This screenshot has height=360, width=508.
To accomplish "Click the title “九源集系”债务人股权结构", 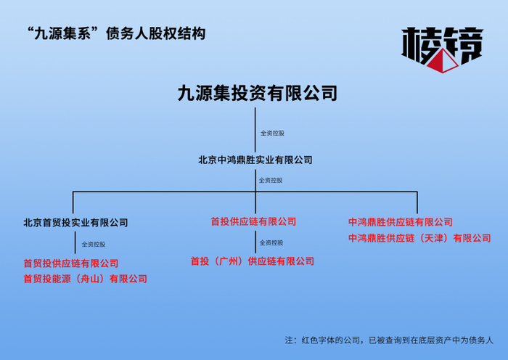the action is [115, 33].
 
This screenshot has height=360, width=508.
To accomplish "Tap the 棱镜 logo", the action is [441, 49].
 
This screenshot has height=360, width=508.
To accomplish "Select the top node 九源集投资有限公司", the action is [258, 94].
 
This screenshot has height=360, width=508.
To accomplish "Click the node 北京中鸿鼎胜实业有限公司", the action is [255, 160].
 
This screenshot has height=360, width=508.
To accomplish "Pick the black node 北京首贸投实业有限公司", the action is [75, 223].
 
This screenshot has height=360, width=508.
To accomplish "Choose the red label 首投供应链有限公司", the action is [253, 221].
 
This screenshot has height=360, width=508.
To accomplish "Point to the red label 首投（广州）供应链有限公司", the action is [253, 261].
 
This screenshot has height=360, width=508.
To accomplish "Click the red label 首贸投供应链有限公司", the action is [70, 263].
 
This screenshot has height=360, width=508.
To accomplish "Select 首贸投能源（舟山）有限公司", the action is [85, 279].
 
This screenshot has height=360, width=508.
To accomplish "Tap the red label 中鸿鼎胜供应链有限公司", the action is [400, 222].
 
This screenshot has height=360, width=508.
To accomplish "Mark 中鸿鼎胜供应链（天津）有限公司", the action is [419, 238].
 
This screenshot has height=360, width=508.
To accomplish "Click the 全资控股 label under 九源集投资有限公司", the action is [272, 134].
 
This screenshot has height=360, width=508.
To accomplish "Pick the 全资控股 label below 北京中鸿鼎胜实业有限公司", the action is [271, 180].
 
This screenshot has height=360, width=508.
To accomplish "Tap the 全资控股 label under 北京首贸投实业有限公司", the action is [93, 245].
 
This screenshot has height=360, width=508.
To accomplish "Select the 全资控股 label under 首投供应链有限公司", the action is [271, 242].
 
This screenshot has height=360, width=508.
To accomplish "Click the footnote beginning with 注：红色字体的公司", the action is [388, 340].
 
